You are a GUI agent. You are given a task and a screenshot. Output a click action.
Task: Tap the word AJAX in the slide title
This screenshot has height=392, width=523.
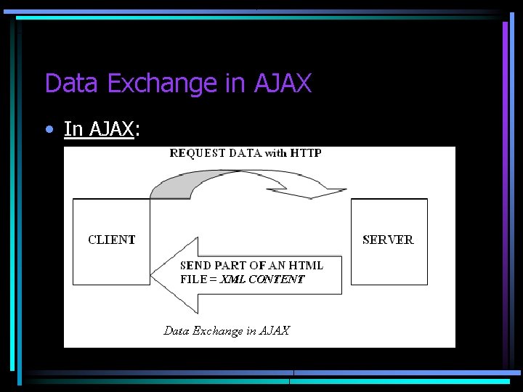coord(283,83)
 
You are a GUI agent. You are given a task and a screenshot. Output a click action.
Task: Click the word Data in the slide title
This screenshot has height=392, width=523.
coord(73,83)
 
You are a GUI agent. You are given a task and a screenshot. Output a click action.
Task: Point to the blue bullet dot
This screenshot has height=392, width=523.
coord(49,130)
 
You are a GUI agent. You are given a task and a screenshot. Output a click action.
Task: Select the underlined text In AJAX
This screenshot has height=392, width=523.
coord(99,129)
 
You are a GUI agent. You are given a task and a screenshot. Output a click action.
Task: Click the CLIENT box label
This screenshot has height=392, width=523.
coord(112,240)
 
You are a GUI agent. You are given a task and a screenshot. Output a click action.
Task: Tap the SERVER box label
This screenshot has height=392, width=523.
coord(388,240)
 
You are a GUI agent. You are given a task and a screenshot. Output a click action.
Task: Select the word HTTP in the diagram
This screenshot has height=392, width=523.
coord(306,153)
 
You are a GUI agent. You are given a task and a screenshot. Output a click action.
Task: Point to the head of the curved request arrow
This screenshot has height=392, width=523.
coord(320,190)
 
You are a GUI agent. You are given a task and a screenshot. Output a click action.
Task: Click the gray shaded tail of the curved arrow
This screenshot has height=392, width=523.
coord(165,188)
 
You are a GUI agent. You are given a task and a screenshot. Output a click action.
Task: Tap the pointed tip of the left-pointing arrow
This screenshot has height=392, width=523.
coord(153,274)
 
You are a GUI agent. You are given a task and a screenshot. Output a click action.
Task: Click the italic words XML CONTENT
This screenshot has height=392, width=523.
coord(262,279)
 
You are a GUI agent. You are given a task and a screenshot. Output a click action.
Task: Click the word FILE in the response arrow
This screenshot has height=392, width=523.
coord(193,279)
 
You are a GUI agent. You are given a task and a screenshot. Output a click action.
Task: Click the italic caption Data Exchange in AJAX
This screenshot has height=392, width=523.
coord(227,331)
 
